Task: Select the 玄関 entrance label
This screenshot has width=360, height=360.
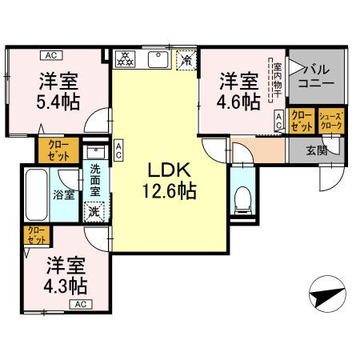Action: (x=317, y=150)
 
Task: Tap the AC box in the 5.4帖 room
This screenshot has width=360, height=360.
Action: (x=50, y=55)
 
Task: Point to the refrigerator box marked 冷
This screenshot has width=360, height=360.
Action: (x=186, y=60)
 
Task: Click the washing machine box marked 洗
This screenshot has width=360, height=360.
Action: (x=94, y=212)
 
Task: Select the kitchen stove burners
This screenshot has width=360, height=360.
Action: (x=127, y=59)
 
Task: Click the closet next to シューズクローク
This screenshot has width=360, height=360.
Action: (x=301, y=122)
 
